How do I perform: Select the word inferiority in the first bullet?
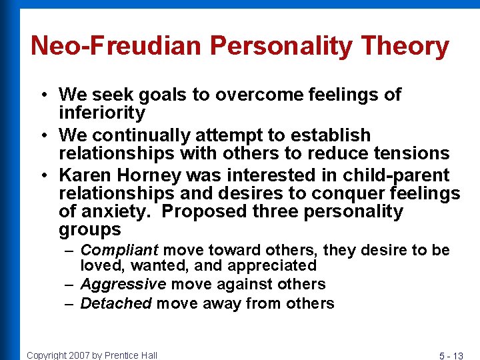pos(102,113)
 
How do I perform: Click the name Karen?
pos(84,175)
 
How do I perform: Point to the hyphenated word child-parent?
pos(396,175)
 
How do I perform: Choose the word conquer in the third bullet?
pos(337,193)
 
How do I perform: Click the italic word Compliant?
pos(119,251)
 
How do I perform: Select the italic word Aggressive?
pos(123,285)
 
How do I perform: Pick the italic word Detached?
pos(116,304)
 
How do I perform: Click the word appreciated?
pos(271,266)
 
